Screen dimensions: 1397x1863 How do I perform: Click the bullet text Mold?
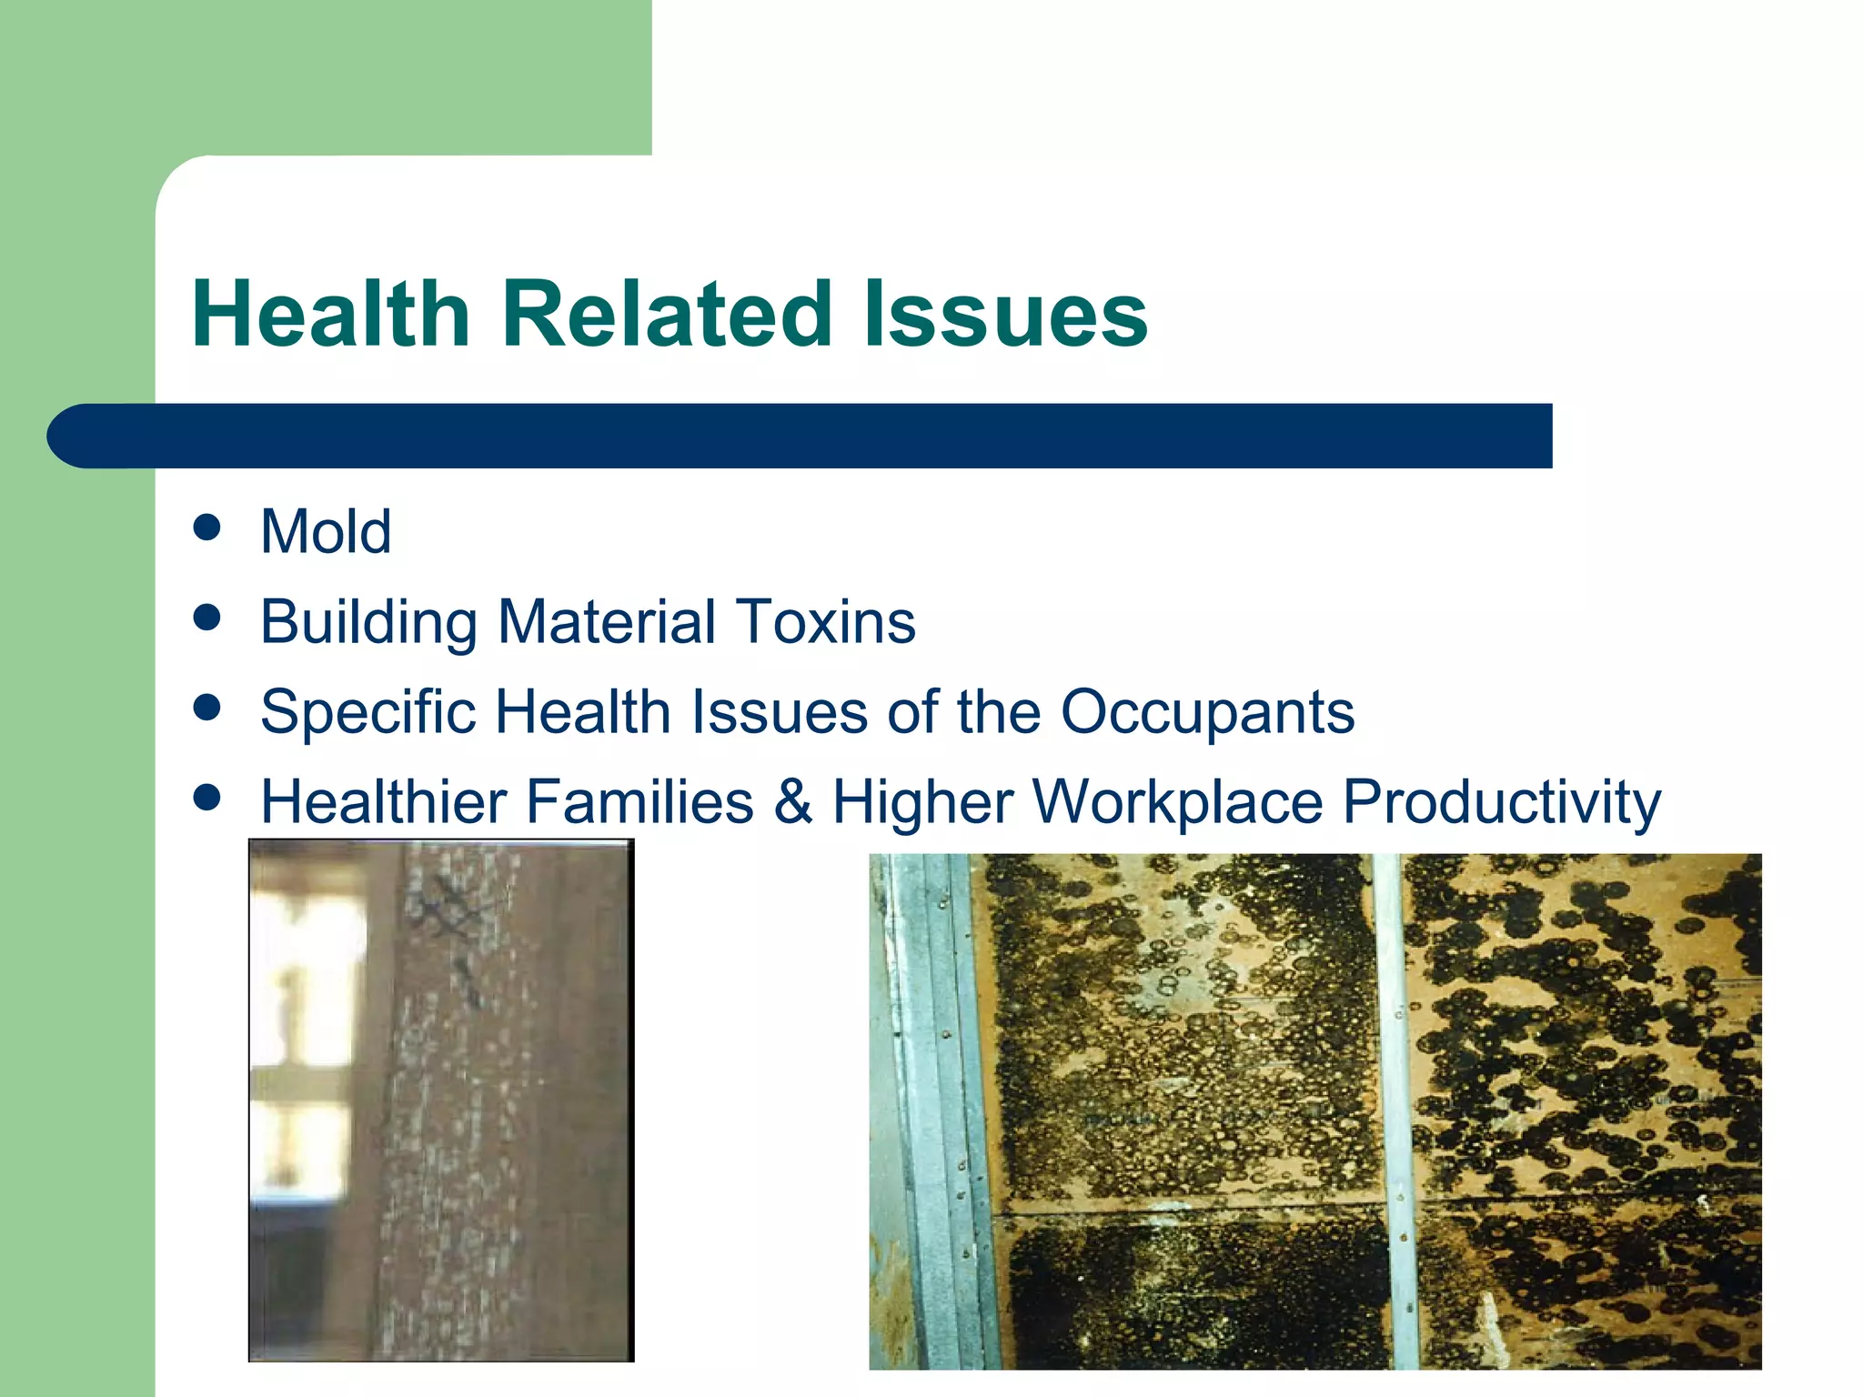click(326, 531)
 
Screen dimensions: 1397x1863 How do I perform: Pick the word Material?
click(607, 622)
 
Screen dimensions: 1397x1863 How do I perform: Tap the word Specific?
click(368, 711)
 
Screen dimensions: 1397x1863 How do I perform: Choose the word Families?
click(639, 801)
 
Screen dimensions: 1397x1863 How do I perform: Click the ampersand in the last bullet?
click(792, 801)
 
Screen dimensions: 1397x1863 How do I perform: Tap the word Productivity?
click(1502, 801)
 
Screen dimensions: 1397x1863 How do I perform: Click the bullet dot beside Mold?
click(207, 528)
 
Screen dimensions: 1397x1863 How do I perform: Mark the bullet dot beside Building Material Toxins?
click(207, 618)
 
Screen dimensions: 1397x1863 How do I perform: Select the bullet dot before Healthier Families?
click(207, 798)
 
